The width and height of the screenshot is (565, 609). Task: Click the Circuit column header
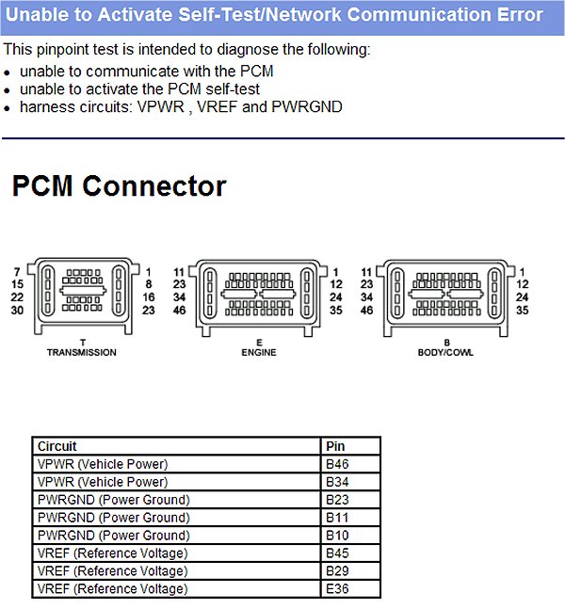click(x=56, y=446)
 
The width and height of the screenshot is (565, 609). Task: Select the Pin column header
click(x=334, y=446)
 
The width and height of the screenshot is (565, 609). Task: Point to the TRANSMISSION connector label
click(x=82, y=352)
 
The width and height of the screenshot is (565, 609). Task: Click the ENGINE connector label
click(x=258, y=352)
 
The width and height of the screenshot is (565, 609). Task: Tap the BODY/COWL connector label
click(x=446, y=352)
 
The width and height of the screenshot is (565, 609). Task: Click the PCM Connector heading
click(x=119, y=186)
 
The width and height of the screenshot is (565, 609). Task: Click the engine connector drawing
click(x=258, y=296)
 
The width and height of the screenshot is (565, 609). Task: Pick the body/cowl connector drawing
click(x=446, y=296)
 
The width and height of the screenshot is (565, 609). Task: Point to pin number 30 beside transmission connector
click(x=17, y=310)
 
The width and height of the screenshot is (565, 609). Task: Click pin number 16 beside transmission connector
click(x=148, y=296)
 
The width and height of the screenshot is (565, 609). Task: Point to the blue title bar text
click(x=275, y=15)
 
